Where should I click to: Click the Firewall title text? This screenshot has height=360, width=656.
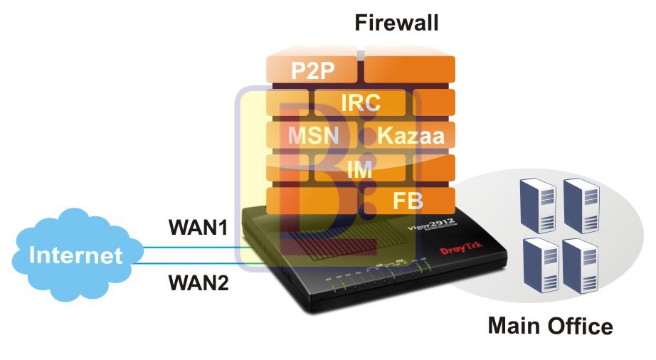(x=396, y=23)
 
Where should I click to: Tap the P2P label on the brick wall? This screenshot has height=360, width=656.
(x=313, y=70)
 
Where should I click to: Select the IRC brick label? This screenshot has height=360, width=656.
(x=360, y=102)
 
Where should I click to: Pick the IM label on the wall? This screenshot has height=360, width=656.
(x=361, y=169)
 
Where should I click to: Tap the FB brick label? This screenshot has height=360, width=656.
(x=408, y=201)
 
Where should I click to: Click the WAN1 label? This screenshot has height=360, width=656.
(x=198, y=228)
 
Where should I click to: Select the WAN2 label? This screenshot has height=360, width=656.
(x=198, y=282)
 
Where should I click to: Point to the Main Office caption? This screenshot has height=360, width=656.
(x=549, y=326)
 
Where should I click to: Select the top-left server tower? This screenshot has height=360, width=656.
(x=537, y=202)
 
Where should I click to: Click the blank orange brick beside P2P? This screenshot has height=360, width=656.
(x=409, y=70)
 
